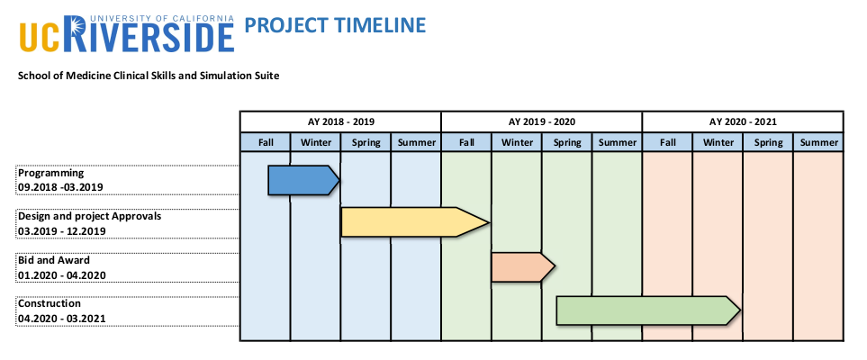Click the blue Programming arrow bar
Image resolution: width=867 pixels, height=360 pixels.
[303, 180]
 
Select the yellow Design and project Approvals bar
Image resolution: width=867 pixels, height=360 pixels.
[415, 222]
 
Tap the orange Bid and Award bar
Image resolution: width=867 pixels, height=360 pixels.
[522, 267]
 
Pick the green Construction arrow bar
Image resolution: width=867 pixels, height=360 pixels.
[648, 310]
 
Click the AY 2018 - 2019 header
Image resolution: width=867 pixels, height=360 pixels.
[340, 121]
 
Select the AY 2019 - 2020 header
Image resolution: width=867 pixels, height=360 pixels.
[542, 121]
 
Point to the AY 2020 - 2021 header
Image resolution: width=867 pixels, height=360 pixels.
[743, 121]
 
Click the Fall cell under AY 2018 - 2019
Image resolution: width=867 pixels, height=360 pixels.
[266, 142]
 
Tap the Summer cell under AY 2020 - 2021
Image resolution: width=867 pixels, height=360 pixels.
[818, 142]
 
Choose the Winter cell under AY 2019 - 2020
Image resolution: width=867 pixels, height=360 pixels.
[517, 142]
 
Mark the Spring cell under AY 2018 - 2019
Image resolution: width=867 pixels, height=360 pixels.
[366, 142]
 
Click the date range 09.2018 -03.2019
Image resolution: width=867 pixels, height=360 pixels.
[60, 187]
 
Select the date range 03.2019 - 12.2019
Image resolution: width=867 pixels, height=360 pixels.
[62, 231]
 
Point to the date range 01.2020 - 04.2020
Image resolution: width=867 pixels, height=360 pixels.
[62, 274]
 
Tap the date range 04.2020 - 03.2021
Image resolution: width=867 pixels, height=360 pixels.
[62, 319]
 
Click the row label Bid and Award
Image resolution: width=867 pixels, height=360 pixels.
[54, 260]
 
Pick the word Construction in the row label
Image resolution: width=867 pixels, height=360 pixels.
[50, 303]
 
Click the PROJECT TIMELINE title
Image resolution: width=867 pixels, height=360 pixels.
[335, 25]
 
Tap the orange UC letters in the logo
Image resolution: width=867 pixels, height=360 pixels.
[45, 37]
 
